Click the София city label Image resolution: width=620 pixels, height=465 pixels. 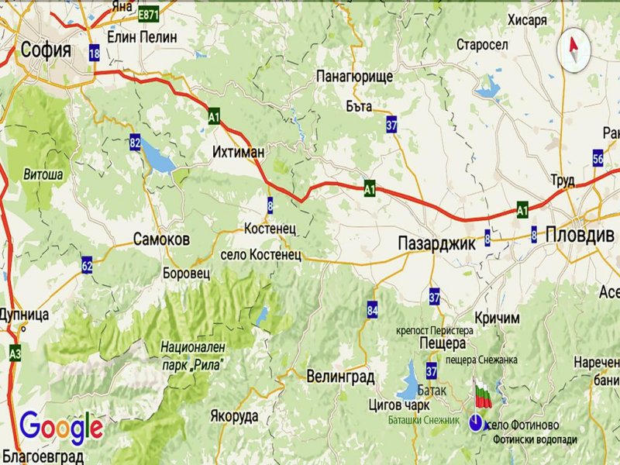click(x=46, y=50)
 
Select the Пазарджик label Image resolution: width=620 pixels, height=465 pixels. click(x=435, y=243)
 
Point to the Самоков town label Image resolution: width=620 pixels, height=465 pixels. click(x=161, y=239)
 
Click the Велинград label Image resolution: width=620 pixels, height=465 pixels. click(x=340, y=377)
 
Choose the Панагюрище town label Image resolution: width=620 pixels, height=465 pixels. click(x=355, y=76)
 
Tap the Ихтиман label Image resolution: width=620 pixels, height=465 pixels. click(x=239, y=153)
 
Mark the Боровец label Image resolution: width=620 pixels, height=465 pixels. click(x=187, y=274)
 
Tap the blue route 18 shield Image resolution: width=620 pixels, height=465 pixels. click(x=95, y=53)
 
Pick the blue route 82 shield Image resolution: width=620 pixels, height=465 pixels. click(x=136, y=142)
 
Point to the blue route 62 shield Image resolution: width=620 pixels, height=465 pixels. click(x=87, y=267)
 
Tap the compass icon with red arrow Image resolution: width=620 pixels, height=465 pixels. click(x=574, y=48)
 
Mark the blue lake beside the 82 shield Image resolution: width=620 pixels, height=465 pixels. click(x=158, y=158)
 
